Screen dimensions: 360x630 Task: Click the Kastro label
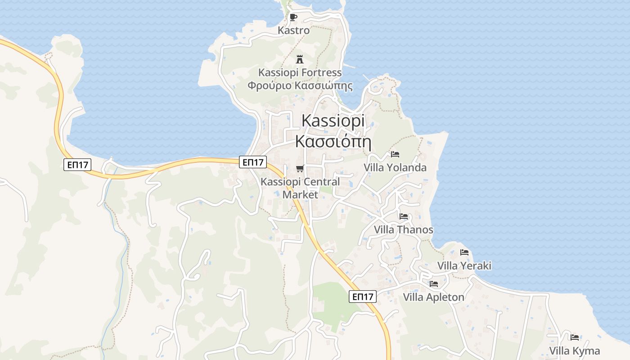point(294,31)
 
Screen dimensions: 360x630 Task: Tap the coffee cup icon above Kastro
point(293,18)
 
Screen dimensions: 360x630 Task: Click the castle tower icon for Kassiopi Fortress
point(300,59)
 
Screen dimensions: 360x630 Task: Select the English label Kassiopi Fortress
point(300,72)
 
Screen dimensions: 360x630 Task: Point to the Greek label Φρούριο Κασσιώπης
point(300,85)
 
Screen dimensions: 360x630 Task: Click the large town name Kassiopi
point(333,121)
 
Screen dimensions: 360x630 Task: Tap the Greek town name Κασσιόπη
point(333,141)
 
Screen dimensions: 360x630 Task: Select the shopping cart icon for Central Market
point(300,169)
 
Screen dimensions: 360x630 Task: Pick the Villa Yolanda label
point(395,168)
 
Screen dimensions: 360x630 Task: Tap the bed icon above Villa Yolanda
point(395,154)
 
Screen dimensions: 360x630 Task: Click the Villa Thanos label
point(404,230)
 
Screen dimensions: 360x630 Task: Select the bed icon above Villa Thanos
point(404,216)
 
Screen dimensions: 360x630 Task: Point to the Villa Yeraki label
point(464,265)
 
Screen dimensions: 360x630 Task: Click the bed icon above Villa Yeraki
point(464,252)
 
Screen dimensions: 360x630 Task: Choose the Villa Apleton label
point(433,297)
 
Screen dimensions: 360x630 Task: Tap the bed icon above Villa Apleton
point(434,284)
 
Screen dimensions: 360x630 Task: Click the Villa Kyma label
point(575,351)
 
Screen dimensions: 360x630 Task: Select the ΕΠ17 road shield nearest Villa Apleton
point(363,297)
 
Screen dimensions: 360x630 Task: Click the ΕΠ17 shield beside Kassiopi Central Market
point(253,162)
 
